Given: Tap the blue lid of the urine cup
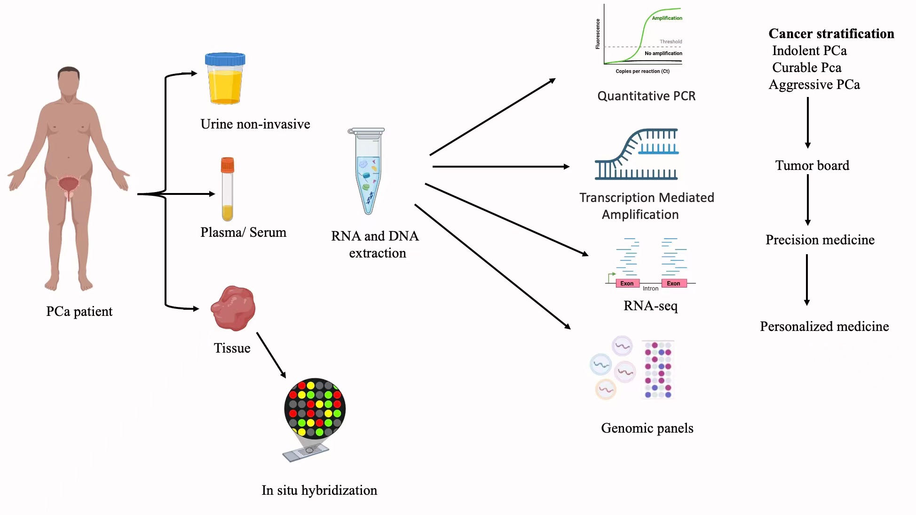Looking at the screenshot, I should click(x=225, y=59).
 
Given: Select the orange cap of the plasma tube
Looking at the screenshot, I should click(x=228, y=165).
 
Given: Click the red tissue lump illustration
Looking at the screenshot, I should click(x=233, y=308).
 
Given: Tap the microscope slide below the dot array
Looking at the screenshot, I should click(x=306, y=452).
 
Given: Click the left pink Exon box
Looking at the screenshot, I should click(x=627, y=283).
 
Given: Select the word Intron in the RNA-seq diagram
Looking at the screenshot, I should click(x=650, y=289).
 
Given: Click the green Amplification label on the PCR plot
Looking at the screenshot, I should click(x=667, y=18).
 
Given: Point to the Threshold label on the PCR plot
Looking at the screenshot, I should click(x=671, y=42).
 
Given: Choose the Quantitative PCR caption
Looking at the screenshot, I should click(x=646, y=96).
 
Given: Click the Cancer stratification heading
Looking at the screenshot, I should click(x=831, y=34).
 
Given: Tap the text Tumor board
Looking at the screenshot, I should click(x=812, y=166).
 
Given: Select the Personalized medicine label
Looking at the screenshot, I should click(x=824, y=327).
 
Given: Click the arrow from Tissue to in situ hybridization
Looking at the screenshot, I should click(x=271, y=355).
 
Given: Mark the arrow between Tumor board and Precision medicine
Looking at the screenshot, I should click(x=808, y=200).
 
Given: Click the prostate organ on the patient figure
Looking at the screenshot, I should click(x=69, y=185).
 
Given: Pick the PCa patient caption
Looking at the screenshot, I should click(x=79, y=312).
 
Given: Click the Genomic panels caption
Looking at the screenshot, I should click(x=647, y=428).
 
